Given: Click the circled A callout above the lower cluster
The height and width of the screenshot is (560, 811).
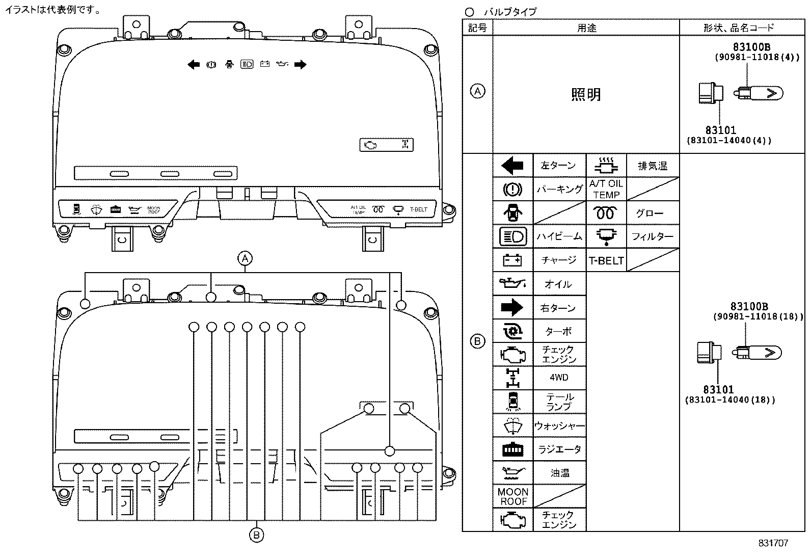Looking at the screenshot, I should [246, 258].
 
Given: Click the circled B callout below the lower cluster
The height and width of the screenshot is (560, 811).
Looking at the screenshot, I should [256, 535].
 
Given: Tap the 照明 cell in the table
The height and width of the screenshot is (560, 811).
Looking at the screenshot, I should [586, 95].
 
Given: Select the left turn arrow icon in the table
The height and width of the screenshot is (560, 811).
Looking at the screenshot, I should [512, 166].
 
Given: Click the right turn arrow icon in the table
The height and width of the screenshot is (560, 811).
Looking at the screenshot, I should [512, 308].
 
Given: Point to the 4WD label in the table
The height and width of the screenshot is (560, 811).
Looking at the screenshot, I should [559, 378].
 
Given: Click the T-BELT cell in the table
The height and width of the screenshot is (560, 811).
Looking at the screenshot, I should [606, 260].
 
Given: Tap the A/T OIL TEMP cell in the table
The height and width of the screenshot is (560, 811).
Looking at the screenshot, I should [606, 189].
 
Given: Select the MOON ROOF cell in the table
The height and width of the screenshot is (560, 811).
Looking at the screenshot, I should [513, 496].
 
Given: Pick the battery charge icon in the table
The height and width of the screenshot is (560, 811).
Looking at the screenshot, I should [512, 260].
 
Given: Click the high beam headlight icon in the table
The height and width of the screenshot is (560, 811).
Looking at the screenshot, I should [512, 236].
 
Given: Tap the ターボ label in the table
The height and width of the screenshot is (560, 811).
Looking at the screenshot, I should [559, 331].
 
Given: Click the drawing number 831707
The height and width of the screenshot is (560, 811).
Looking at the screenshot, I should [773, 543].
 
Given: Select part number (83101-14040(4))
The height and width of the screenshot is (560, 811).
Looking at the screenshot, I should [728, 140].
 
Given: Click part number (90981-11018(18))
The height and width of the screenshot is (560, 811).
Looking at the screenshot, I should [758, 316].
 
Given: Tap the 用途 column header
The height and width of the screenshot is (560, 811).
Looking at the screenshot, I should [586, 28].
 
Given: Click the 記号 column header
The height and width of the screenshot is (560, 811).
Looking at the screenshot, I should [477, 28].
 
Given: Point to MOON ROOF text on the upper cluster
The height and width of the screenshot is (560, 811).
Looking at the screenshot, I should [154, 209].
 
